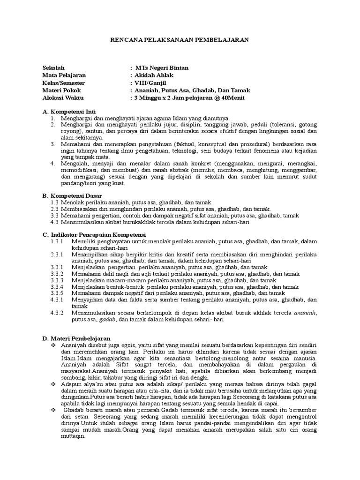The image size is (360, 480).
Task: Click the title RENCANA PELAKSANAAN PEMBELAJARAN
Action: point(180,41)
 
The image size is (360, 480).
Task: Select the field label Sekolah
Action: point(54,67)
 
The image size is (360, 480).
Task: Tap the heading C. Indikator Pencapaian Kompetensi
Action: point(94,234)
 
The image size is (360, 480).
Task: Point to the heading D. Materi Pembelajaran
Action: point(76,337)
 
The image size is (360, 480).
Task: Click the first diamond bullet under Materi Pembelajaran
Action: point(53,345)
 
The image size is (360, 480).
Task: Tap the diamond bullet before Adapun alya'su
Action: point(53,383)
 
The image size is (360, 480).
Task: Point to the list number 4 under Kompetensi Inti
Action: point(53,163)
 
